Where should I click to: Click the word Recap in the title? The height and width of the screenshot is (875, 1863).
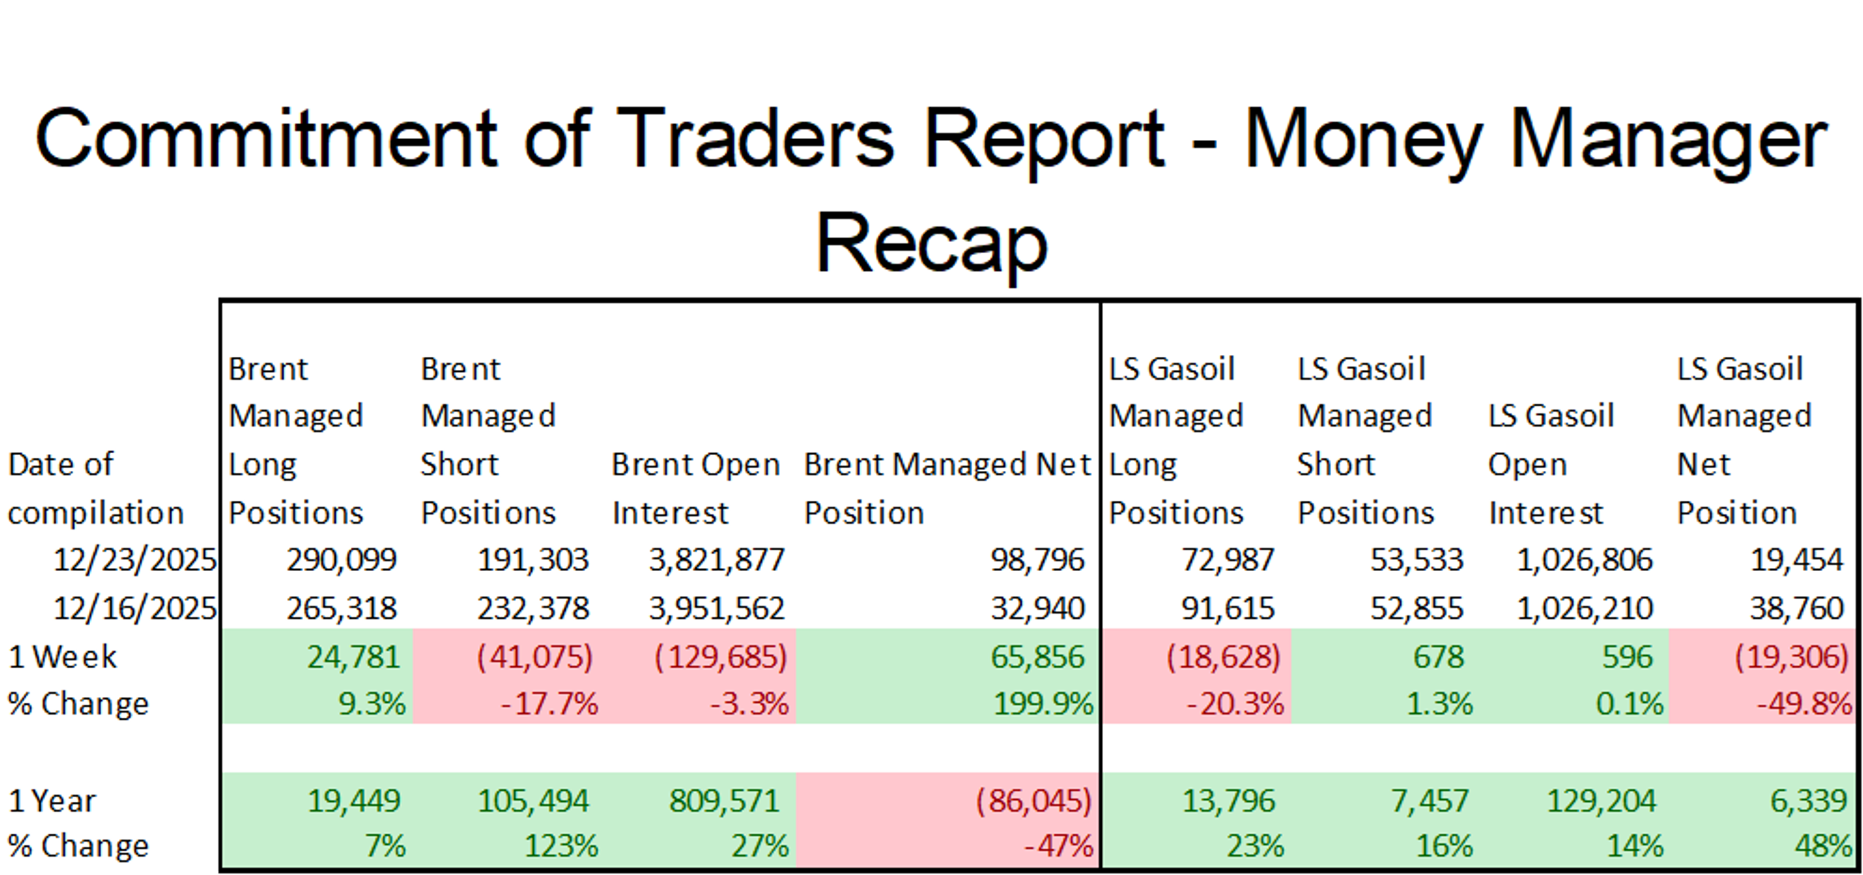point(931,243)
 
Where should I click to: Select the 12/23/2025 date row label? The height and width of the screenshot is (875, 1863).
point(134,560)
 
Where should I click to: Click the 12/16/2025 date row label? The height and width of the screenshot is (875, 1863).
point(134,608)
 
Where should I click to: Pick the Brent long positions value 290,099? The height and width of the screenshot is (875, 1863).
point(342,560)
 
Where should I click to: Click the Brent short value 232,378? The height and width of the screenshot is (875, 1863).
point(533,608)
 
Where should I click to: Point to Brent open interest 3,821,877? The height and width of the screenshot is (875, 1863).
point(716,560)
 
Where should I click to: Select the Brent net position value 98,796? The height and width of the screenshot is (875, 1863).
point(1037,560)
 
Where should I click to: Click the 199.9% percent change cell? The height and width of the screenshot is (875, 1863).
point(1042,704)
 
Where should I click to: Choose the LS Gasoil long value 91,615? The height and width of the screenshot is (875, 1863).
point(1227,608)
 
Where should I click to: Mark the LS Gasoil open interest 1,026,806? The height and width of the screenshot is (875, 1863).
point(1584,560)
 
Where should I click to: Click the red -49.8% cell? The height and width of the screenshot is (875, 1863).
point(1804,704)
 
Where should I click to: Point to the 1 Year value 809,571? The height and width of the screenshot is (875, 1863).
point(724,801)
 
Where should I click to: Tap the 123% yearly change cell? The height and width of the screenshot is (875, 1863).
point(560,845)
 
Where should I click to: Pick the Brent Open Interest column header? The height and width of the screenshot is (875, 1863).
point(695,488)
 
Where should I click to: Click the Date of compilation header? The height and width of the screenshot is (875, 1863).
point(96,488)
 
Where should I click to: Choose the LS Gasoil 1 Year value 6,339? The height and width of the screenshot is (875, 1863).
point(1808,801)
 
